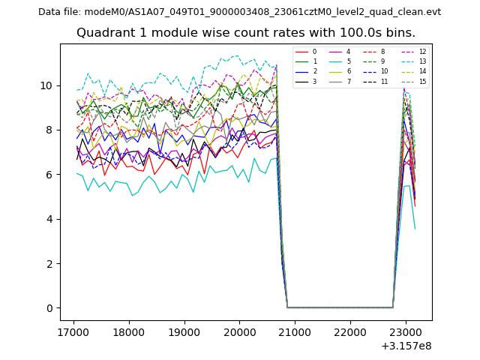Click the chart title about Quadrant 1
click(246, 33)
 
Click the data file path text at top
click(239, 12)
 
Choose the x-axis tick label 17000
click(73, 331)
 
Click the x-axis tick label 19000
click(184, 331)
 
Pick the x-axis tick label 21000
click(295, 331)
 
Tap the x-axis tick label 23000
click(406, 331)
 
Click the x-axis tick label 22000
click(350, 331)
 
